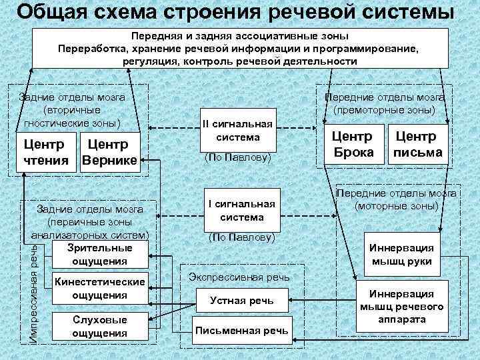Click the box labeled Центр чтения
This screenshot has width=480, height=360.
click(45, 153)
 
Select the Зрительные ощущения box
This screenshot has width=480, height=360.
click(100, 255)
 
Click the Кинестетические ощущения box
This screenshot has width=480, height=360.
click(100, 288)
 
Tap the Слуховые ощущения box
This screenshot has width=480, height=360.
click(100, 327)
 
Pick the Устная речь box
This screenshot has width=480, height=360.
click(241, 301)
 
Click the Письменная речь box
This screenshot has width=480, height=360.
click(241, 330)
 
